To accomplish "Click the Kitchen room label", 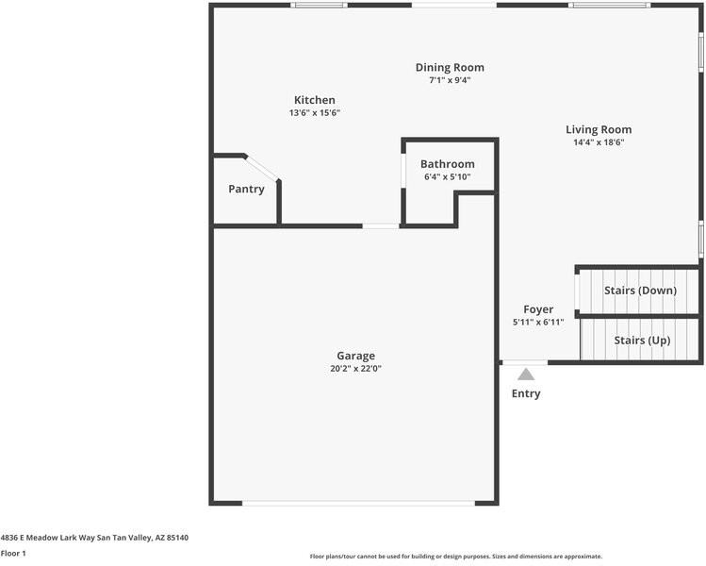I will (x=314, y=100).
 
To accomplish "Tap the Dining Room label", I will (x=450, y=67).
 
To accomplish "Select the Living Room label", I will (x=599, y=129).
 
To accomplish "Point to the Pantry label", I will (x=246, y=189).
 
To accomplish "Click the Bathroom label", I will (x=448, y=164).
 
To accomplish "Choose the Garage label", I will (x=356, y=356).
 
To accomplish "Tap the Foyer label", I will (x=538, y=309).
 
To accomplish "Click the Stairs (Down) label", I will (x=640, y=290).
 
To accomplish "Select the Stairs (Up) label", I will (x=642, y=340).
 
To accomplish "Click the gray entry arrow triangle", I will (x=525, y=375).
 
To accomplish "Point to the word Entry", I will (x=526, y=393).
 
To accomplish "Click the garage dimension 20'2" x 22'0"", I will (x=356, y=369).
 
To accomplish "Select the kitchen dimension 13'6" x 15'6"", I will (x=314, y=113).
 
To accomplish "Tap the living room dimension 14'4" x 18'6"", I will (x=599, y=142).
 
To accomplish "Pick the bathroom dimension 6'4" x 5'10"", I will (x=448, y=177).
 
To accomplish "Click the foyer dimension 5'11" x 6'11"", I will (x=538, y=323).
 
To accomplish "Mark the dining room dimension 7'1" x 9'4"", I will (x=450, y=80).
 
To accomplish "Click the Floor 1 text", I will (x=13, y=554).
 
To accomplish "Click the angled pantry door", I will (x=263, y=167).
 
